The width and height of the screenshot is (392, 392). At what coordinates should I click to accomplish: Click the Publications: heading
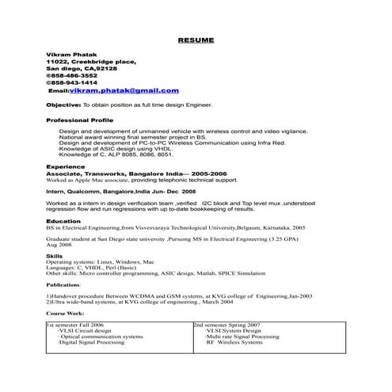tap(63, 284)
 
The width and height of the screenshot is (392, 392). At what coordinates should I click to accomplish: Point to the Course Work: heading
tap(65, 313)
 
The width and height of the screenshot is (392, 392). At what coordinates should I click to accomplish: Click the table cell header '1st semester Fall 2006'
tap(77, 325)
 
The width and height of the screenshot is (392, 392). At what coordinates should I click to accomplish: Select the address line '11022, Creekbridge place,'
tap(91, 60)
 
